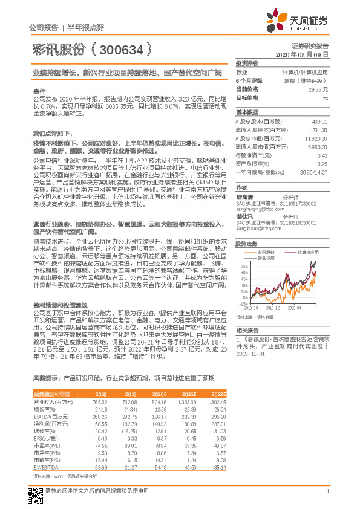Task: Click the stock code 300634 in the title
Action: click(120, 47)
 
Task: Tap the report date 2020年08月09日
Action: click(301, 54)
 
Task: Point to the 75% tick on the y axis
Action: click(244, 266)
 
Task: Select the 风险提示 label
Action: click(45, 377)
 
